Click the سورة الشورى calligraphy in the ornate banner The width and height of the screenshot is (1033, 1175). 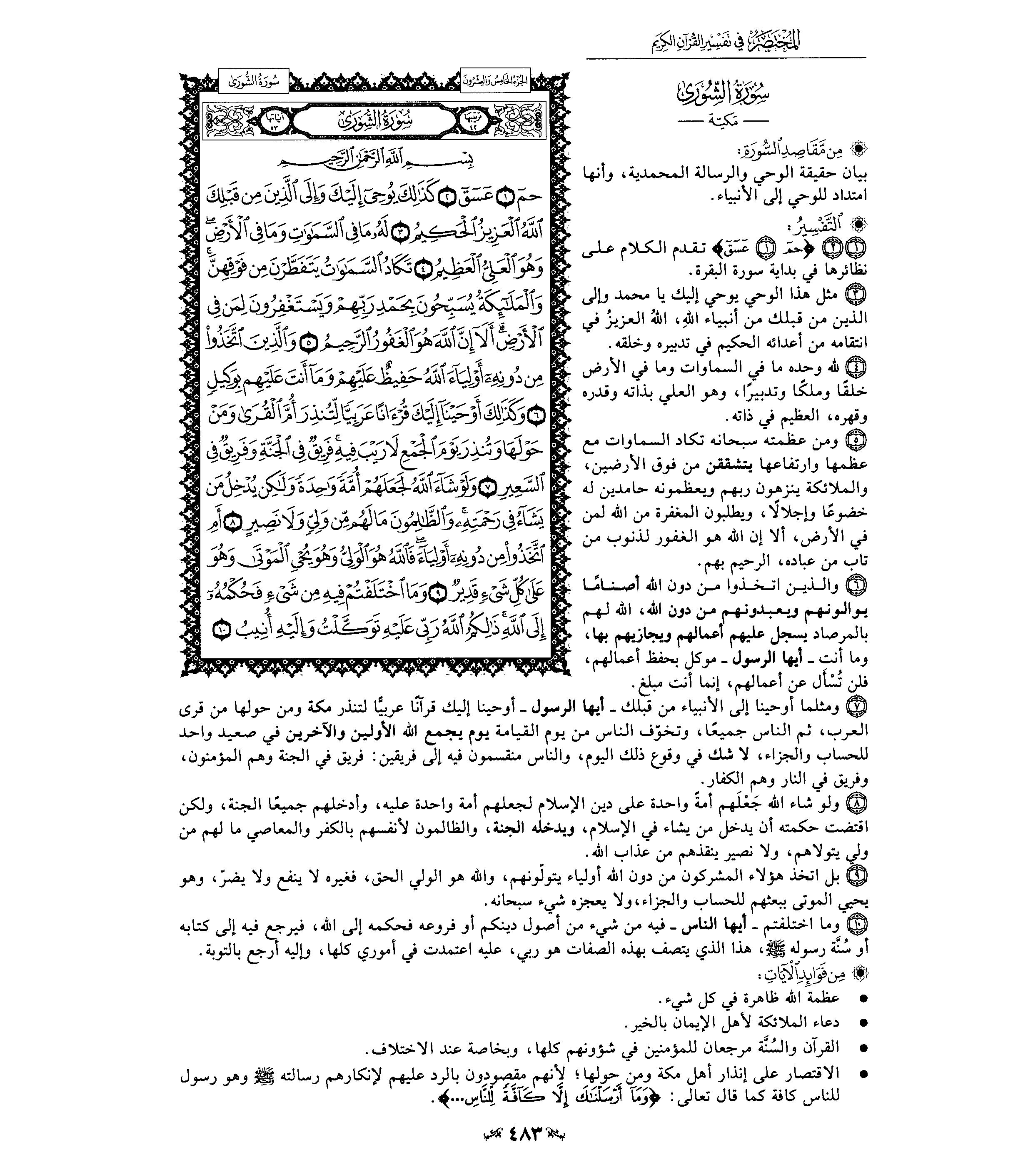[x=374, y=121]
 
